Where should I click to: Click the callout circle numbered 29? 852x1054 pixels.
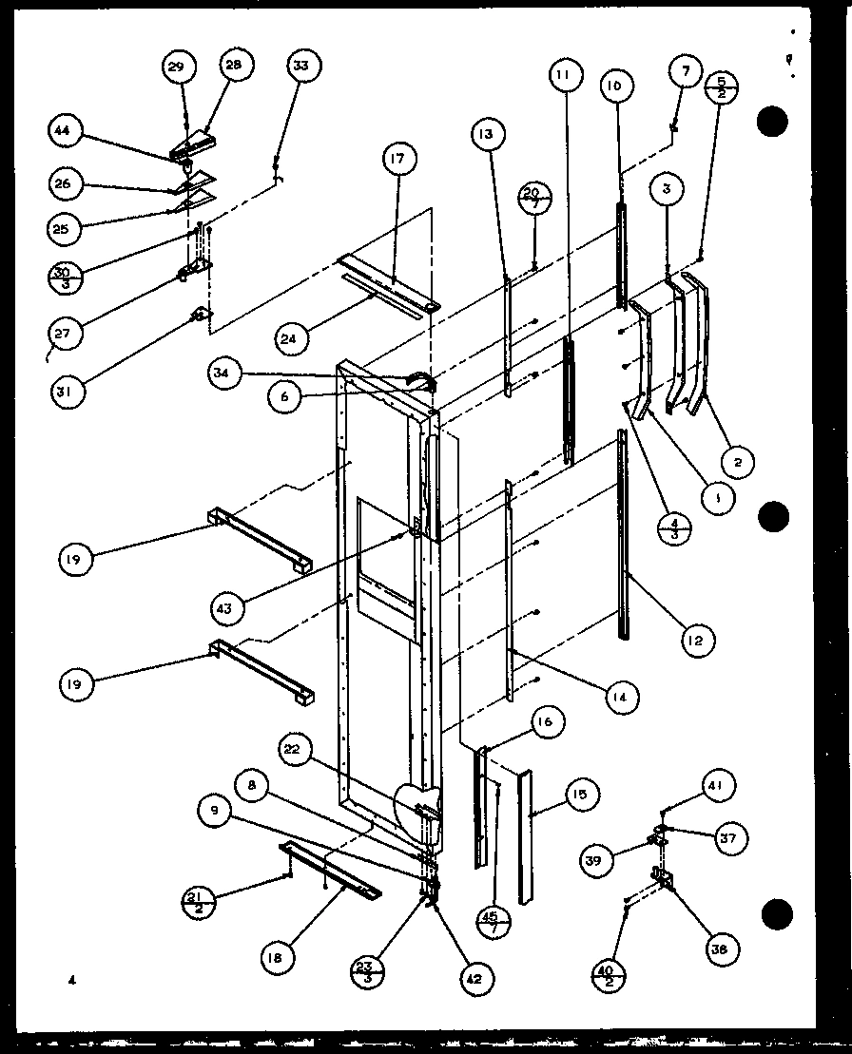(176, 66)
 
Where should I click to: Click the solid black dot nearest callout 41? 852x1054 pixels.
(777, 913)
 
